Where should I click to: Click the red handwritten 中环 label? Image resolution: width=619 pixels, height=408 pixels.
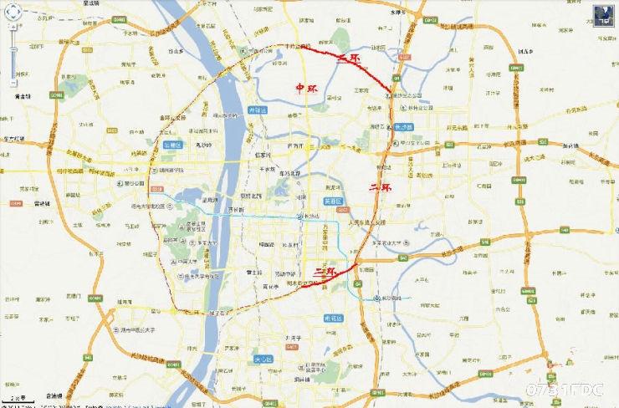tap(307, 88)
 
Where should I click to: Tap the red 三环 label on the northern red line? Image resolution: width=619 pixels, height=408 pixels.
tap(349, 59)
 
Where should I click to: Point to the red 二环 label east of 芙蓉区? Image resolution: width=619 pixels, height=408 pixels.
tap(381, 189)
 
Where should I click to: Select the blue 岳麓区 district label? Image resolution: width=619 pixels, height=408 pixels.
tap(171, 144)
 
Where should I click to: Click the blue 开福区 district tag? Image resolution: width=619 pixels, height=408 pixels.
tap(258, 110)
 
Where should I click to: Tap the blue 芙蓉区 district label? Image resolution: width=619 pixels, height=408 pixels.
tap(334, 201)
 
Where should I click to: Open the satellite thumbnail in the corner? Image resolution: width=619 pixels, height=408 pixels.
tap(603, 14)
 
